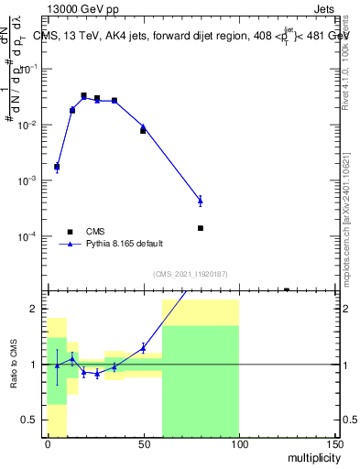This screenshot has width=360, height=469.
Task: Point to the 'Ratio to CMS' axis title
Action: (13, 364)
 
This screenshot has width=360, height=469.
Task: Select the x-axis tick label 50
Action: (143, 443)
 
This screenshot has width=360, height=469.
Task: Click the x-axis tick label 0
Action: (48, 443)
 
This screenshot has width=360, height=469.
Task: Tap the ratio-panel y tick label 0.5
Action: (31, 420)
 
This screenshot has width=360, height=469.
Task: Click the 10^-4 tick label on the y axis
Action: (28, 236)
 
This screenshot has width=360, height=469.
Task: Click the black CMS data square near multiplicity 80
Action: (200, 228)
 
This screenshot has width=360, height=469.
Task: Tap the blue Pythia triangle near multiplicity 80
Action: (200, 200)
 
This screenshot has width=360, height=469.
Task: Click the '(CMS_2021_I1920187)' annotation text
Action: (190, 274)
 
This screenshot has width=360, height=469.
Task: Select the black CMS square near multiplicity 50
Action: (143, 131)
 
